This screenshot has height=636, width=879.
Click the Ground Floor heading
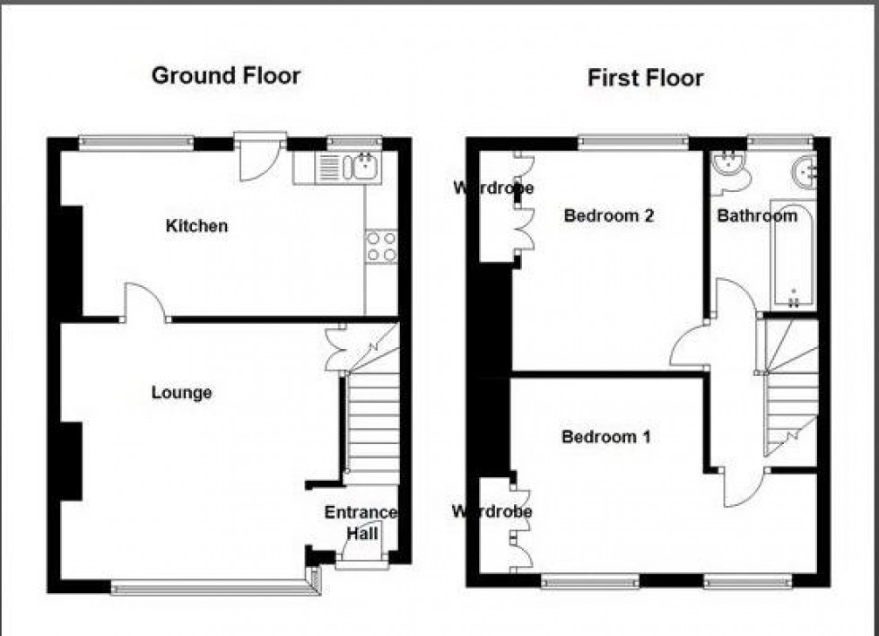click(226, 75)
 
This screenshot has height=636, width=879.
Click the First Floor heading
click(645, 78)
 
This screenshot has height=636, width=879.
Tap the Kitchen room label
click(196, 226)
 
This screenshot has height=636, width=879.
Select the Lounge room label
click(181, 393)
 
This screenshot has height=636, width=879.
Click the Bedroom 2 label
click(608, 215)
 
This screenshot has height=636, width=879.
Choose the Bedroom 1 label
click(605, 437)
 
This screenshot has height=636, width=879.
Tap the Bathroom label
click(756, 215)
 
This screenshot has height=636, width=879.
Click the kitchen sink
click(365, 166)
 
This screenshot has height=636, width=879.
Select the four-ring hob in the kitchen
click(382, 247)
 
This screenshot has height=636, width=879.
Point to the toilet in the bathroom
click(727, 171)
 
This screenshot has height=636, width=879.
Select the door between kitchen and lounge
click(143, 302)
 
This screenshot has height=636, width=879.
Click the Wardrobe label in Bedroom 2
click(492, 188)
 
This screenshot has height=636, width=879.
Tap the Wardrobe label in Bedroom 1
click(492, 512)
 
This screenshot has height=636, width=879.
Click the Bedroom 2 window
click(633, 141)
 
